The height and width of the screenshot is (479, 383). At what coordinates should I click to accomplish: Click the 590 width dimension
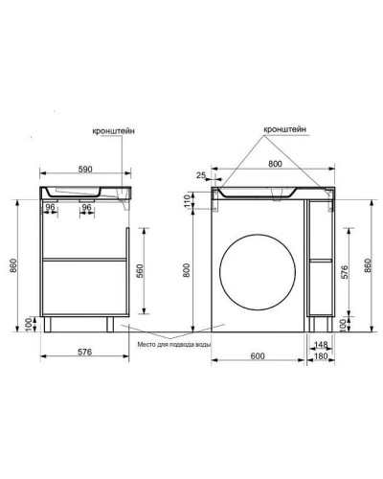pos(85,169)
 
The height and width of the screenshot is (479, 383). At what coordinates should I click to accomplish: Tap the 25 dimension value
pos(201,175)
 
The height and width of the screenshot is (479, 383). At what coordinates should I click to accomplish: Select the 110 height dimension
pos(187,200)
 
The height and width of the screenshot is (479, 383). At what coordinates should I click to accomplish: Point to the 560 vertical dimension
pos(140,271)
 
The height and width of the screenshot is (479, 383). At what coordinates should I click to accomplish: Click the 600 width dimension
pos(258,355)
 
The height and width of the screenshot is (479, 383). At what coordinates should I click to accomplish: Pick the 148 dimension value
pos(321,345)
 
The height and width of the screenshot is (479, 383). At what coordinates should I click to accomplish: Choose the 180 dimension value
pos(321,355)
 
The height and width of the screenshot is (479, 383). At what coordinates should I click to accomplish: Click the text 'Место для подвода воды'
pos(174,345)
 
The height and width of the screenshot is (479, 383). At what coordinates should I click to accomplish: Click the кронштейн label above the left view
pos(113,131)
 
